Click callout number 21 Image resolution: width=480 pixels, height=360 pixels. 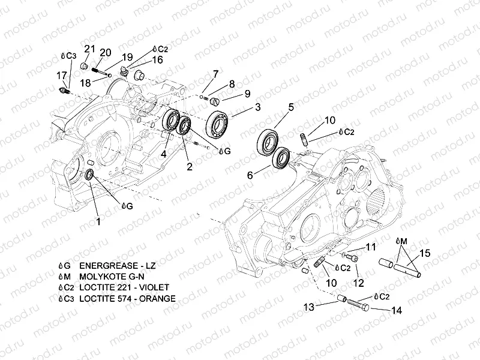[x=89, y=48]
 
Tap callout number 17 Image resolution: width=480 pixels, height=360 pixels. [x=61, y=75]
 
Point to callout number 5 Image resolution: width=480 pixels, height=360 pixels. [x=290, y=107]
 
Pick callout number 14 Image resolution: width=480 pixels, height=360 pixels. [x=396, y=310]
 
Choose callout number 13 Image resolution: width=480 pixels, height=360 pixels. [x=308, y=307]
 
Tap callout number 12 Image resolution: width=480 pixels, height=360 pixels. [x=358, y=283]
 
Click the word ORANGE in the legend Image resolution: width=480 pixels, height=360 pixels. [x=158, y=298]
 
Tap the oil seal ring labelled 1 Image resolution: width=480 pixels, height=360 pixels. [x=88, y=175]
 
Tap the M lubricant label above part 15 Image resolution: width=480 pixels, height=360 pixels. [x=401, y=241]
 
